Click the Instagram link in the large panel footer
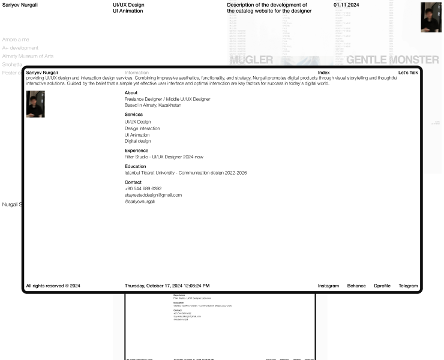[x=328, y=286]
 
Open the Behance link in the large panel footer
[x=356, y=286]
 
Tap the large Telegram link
[x=408, y=286]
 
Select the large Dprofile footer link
[x=382, y=286]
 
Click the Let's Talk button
[x=408, y=73]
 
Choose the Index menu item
[x=323, y=73]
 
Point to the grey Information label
[x=137, y=73]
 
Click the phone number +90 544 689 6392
[x=143, y=188]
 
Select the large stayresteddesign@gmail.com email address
[x=153, y=195]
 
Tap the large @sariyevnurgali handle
[x=140, y=202]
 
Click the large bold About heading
[x=131, y=93]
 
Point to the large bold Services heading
[x=134, y=114]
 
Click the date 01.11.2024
[x=346, y=5]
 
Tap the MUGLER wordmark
[x=251, y=59]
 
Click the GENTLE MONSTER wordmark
[x=392, y=59]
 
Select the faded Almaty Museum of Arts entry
[x=28, y=56]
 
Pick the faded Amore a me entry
[x=16, y=40]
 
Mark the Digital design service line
[x=138, y=141]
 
